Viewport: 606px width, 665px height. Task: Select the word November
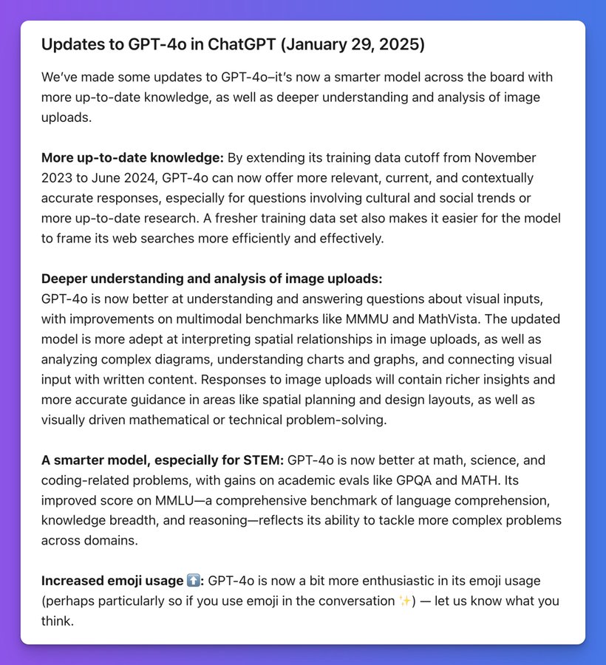click(505, 157)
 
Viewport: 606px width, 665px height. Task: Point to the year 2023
click(57, 178)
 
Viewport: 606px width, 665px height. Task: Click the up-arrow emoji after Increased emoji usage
click(194, 581)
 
